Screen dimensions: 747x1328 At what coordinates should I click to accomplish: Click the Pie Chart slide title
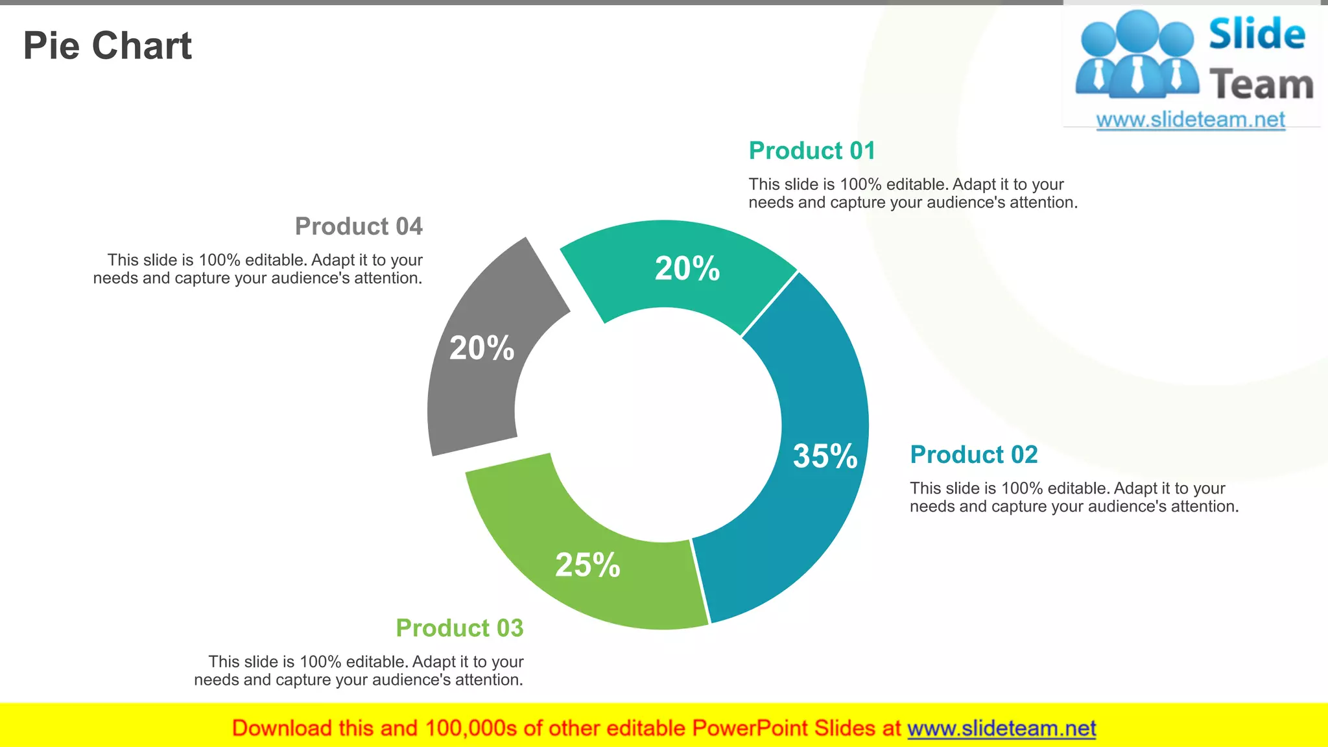pyautogui.click(x=108, y=46)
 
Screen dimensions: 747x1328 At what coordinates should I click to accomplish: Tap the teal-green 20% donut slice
pyautogui.click(x=674, y=285)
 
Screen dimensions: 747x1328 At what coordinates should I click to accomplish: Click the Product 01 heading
pyautogui.click(x=812, y=150)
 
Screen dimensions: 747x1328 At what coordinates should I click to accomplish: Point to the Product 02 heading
pyautogui.click(x=973, y=455)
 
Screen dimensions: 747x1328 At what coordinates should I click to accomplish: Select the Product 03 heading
pyautogui.click(x=459, y=628)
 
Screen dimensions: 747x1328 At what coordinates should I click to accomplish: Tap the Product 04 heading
pyautogui.click(x=359, y=226)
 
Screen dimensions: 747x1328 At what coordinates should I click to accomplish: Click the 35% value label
pyautogui.click(x=825, y=456)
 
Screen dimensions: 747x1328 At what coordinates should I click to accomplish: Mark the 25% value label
pyautogui.click(x=587, y=565)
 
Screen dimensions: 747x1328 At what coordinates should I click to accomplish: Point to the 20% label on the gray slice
pyautogui.click(x=482, y=348)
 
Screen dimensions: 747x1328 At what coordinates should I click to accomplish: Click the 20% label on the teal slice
pyautogui.click(x=687, y=268)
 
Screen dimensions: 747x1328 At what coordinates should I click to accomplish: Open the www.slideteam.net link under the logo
pyautogui.click(x=1191, y=120)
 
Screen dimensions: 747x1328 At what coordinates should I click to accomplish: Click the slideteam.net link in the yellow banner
pyautogui.click(x=1001, y=729)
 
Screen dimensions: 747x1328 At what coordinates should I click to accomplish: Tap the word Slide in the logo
pyautogui.click(x=1257, y=34)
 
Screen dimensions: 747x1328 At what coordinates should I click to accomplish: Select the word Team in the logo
pyautogui.click(x=1261, y=85)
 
